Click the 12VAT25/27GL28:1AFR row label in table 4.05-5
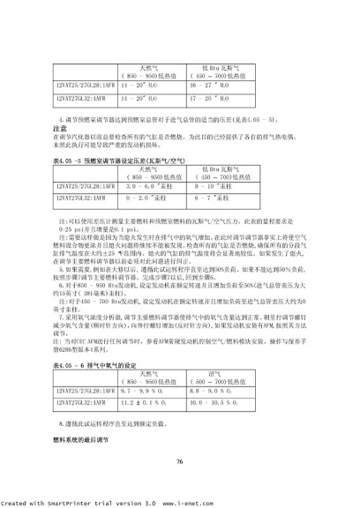83,161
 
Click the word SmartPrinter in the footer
65,502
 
